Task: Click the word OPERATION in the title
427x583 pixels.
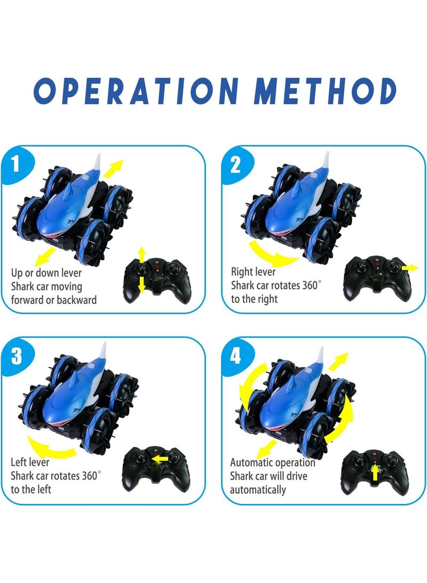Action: (x=136, y=91)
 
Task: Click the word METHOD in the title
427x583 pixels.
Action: (x=326, y=91)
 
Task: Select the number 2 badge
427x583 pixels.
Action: (x=235, y=164)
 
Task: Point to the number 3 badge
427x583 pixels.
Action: (x=17, y=356)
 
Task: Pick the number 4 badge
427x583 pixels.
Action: (x=235, y=356)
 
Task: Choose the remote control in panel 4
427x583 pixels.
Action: (x=375, y=472)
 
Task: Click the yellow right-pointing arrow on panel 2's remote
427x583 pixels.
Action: (x=409, y=267)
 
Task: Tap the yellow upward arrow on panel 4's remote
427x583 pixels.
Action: (x=375, y=472)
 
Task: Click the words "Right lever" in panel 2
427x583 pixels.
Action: (x=253, y=272)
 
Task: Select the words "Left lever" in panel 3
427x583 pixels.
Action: (x=30, y=462)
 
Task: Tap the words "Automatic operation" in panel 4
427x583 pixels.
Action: (x=272, y=462)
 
